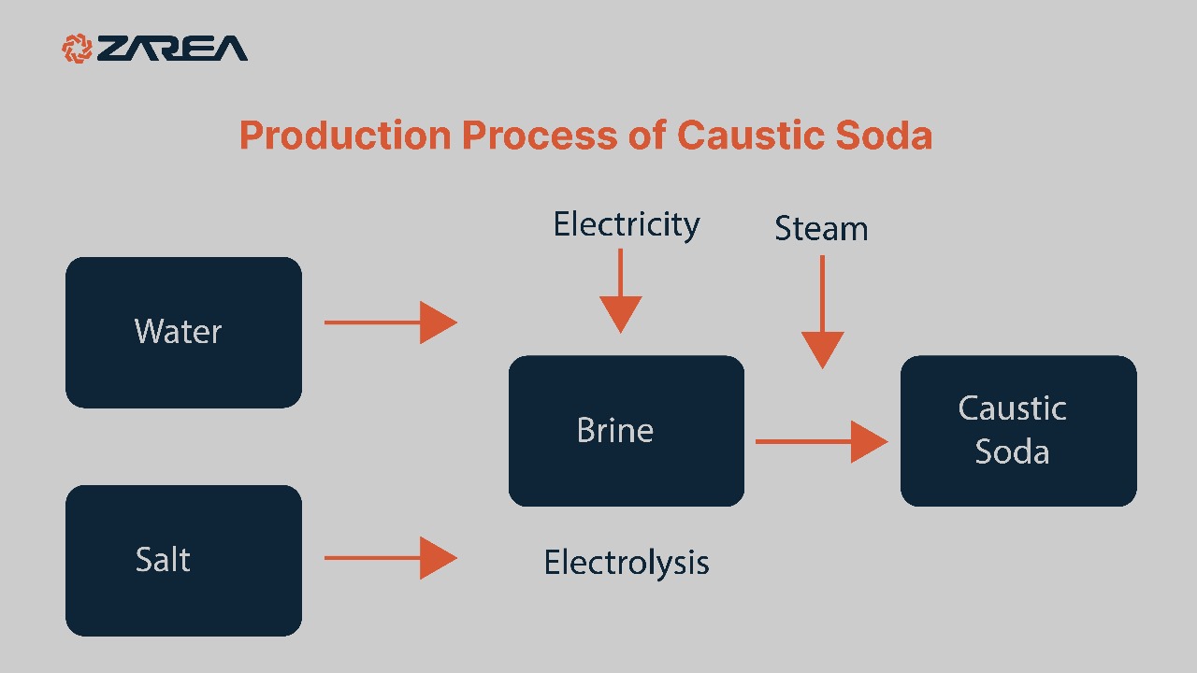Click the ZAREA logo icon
point(78,48)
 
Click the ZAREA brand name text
point(173,49)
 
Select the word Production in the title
point(345,136)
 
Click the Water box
point(183,332)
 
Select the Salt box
point(183,560)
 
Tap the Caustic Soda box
point(1017,430)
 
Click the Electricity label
point(626,225)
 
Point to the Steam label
point(821,229)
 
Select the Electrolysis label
point(626,563)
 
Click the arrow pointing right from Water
point(390,322)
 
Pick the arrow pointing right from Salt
point(390,558)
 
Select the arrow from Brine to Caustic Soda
point(821,441)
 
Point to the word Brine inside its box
point(614,431)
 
